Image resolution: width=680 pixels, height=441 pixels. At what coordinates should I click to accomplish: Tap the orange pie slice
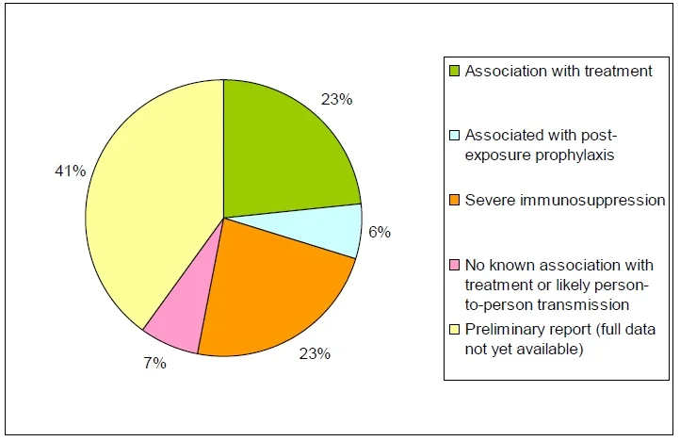(273, 295)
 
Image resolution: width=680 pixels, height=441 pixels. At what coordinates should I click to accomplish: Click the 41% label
(71, 171)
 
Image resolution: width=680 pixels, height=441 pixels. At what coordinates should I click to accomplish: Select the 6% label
(380, 232)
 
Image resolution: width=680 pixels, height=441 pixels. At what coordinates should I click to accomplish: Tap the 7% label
(154, 363)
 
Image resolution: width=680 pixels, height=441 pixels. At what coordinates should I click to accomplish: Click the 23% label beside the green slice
(336, 99)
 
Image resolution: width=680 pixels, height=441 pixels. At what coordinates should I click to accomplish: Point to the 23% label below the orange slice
(315, 353)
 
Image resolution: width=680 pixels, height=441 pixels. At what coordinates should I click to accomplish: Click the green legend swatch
(454, 71)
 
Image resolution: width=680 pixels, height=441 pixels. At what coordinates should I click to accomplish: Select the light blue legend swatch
(454, 136)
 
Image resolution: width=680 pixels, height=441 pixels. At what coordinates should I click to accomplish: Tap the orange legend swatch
(454, 200)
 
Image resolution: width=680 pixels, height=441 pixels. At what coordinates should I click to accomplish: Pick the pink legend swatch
(454, 265)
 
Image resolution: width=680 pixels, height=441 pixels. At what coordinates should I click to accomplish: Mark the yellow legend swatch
(454, 330)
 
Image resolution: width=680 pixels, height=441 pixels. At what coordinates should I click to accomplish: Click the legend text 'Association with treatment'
(559, 71)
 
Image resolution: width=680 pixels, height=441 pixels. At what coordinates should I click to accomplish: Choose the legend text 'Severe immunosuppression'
(565, 200)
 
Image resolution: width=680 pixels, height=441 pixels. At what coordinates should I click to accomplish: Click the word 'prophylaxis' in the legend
(575, 155)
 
